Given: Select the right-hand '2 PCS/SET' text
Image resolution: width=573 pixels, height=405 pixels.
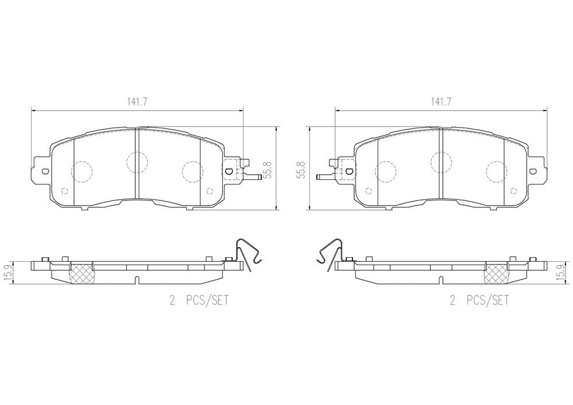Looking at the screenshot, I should point(479,301).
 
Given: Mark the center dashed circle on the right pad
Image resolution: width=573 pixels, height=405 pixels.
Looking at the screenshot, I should point(440,162).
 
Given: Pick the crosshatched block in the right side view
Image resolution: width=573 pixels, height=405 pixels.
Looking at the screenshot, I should point(497,273).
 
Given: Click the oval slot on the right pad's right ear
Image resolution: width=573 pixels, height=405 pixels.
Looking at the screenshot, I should point(531,170).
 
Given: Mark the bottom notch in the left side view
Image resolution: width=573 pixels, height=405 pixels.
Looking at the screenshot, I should point(136,280).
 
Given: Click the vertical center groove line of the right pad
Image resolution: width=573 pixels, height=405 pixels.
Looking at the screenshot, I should point(439,166).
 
